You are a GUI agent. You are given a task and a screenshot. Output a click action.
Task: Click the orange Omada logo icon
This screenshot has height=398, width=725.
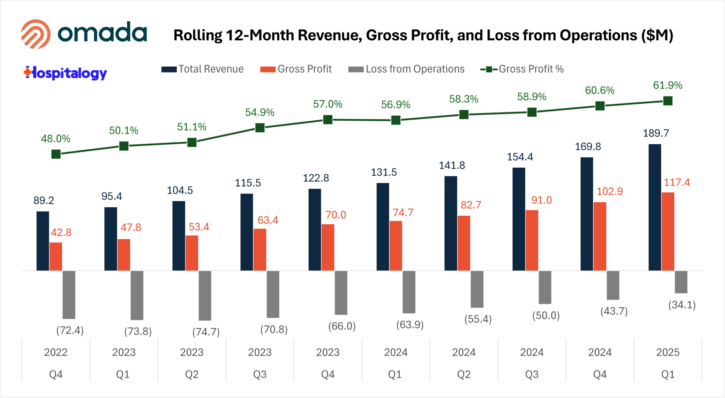click(x=35, y=34)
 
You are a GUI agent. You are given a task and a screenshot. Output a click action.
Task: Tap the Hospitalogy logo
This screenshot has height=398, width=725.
click(x=65, y=73)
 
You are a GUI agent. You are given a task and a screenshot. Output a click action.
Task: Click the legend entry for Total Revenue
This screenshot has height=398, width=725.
click(x=202, y=69)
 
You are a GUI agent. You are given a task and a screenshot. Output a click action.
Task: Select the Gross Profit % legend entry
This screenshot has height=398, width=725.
click(x=522, y=69)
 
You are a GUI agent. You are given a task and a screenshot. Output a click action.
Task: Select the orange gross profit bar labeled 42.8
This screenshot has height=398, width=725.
click(x=56, y=256)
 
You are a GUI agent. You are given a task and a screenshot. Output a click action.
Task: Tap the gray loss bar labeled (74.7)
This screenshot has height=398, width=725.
click(x=205, y=295)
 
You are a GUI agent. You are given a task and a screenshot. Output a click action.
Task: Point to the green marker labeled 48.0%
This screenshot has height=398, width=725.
click(x=56, y=154)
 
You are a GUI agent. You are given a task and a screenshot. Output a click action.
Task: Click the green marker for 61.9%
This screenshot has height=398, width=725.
click(x=668, y=101)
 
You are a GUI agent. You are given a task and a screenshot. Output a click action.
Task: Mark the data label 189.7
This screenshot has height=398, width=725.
click(x=656, y=133)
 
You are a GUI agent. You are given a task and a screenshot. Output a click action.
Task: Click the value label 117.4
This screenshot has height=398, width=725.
click(x=677, y=183)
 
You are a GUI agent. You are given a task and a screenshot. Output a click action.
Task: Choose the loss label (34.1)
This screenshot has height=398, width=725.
click(x=682, y=305)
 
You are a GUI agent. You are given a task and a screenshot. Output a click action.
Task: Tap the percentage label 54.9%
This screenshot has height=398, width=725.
click(x=259, y=113)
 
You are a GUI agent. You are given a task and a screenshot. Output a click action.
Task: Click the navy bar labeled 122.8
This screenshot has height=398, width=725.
click(x=315, y=230)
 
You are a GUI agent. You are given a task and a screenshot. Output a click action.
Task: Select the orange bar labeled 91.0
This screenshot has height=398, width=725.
click(x=532, y=240)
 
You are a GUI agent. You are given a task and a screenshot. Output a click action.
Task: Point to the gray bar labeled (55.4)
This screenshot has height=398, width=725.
click(x=477, y=289)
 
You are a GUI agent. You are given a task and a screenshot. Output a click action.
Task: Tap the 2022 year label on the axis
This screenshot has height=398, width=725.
click(x=56, y=352)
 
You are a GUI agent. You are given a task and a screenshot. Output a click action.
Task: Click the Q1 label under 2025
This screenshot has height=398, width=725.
click(x=668, y=374)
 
